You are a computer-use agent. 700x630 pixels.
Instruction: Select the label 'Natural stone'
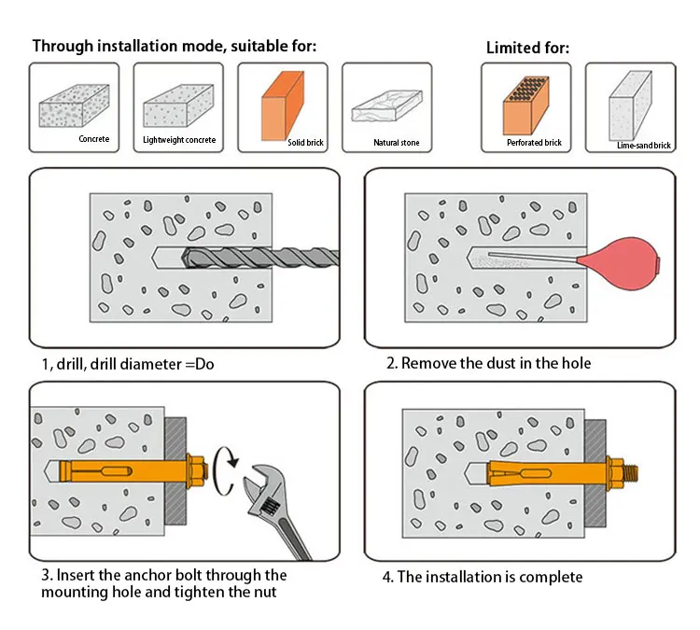(397, 143)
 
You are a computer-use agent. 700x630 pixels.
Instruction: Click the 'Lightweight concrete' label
(179, 140)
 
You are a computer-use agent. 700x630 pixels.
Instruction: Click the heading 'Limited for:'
(527, 48)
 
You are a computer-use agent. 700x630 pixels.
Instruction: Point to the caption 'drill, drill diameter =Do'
(122, 363)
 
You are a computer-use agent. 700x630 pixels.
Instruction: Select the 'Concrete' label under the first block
(93, 140)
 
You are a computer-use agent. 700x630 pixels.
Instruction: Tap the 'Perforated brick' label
(534, 143)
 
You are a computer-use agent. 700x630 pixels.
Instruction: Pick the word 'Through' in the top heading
(63, 46)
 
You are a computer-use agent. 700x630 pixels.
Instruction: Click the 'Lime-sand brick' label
(644, 146)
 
